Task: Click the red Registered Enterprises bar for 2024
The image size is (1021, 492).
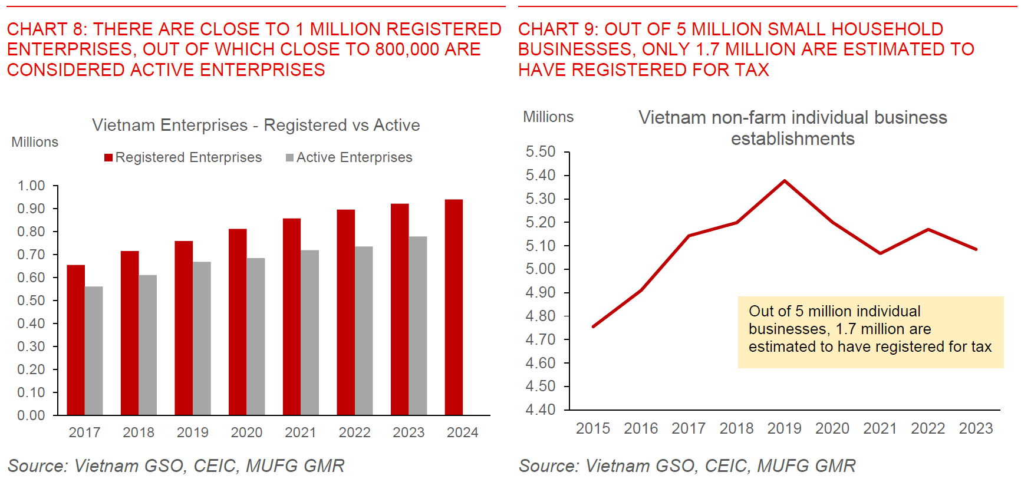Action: (453, 307)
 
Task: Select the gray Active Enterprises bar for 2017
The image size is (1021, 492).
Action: (94, 351)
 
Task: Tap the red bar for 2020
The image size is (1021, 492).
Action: (238, 322)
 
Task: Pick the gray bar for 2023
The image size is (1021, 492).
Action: (417, 325)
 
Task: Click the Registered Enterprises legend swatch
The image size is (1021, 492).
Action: (108, 157)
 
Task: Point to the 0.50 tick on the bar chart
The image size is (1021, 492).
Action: (31, 301)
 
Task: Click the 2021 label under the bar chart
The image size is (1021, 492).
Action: (301, 432)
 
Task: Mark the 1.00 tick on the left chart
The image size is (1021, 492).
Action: (31, 186)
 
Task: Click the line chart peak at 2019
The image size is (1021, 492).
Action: (785, 181)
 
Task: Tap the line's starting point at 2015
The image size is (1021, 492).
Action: (593, 326)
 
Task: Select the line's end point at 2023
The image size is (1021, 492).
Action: (976, 249)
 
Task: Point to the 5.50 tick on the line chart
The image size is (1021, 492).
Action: (541, 152)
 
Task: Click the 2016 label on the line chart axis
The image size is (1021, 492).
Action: (641, 428)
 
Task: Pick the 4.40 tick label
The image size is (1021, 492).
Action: (541, 410)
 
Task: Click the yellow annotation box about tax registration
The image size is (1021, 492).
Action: (870, 332)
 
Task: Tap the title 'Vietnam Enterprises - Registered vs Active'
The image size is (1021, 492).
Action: (256, 125)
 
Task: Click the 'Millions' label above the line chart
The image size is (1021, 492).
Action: (548, 117)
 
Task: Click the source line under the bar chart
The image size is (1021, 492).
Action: (176, 466)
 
